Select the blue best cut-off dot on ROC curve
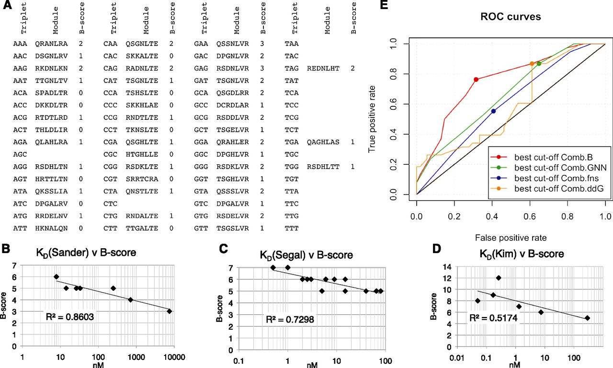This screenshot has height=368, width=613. pos(494,111)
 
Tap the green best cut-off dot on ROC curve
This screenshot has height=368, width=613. pos(539,63)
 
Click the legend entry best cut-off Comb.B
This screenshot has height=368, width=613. pos(541,157)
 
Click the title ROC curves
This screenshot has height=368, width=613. pos(511,17)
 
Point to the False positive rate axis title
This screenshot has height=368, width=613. pos(511,237)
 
